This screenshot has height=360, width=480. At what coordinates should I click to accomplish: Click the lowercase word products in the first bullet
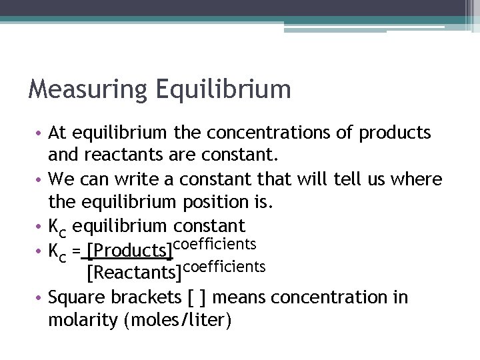click(x=395, y=133)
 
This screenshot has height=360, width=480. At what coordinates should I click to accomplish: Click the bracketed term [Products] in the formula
click(x=129, y=250)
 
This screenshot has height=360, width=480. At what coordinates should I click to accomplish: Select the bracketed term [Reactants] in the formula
click(x=134, y=272)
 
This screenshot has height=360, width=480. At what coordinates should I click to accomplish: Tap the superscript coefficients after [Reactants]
click(x=224, y=266)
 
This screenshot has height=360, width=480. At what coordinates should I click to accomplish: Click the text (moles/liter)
click(x=178, y=321)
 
